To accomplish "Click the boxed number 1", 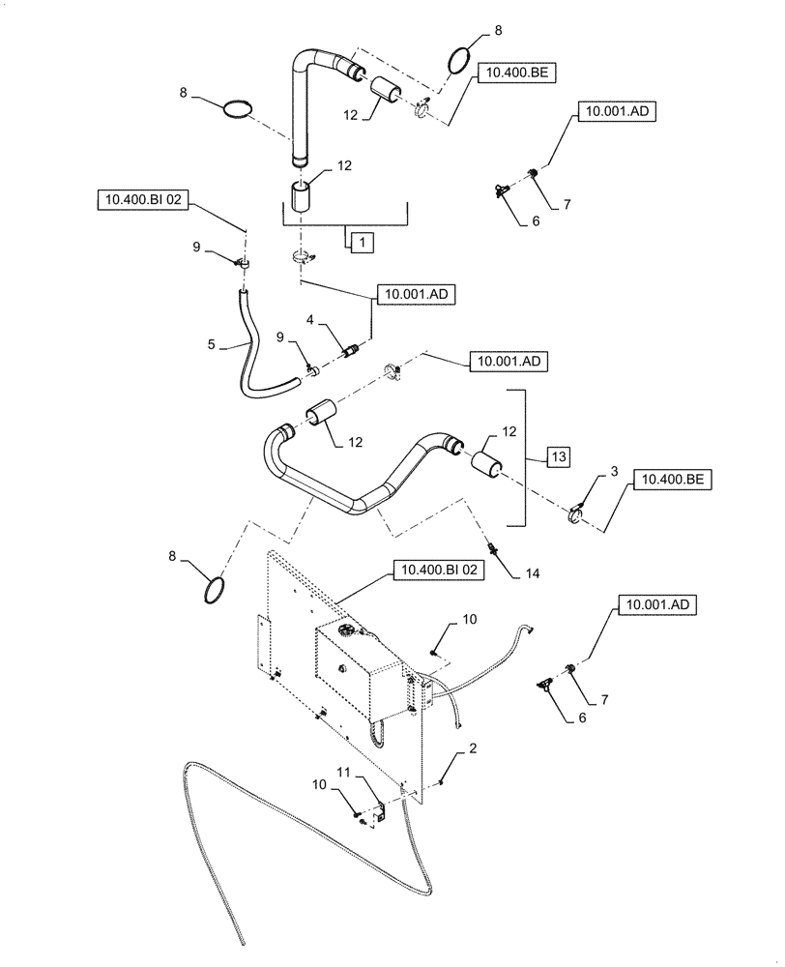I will coord(357,242).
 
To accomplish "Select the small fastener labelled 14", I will coord(495,548).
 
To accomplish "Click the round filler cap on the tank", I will coord(345,632).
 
